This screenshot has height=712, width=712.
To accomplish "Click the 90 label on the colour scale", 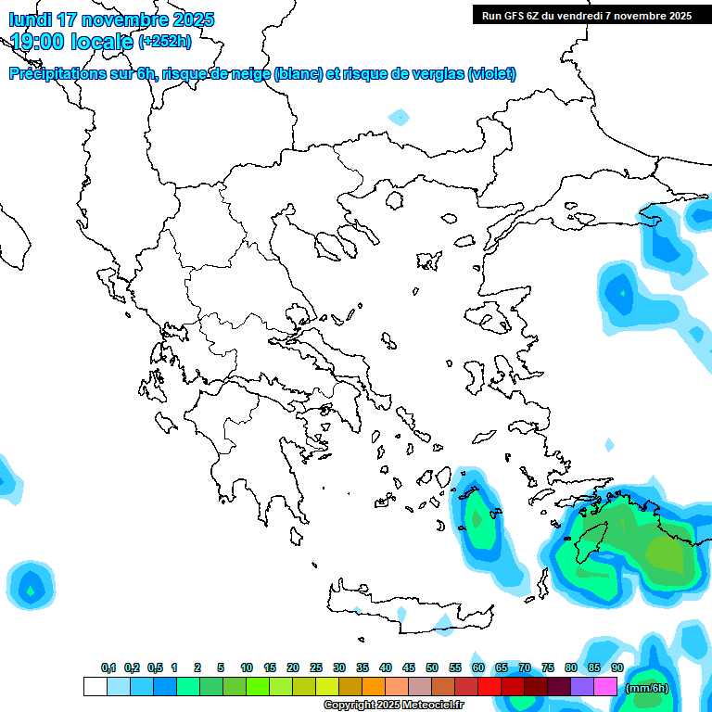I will [617, 667].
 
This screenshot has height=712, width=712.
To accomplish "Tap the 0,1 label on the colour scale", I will [108, 667].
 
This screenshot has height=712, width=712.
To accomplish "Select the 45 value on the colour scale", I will [409, 667].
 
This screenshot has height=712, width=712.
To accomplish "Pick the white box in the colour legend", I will [95, 686].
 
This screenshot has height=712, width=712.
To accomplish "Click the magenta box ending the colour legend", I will [605, 686].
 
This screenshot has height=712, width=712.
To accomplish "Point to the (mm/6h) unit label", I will [647, 688].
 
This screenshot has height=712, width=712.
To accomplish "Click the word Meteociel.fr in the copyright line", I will [434, 706].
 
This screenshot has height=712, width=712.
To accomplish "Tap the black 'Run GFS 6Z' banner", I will [587, 15].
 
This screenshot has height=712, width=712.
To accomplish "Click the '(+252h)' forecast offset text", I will [164, 42].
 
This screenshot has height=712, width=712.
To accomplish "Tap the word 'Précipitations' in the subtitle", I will [55, 74].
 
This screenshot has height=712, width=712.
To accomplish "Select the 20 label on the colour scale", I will [293, 667].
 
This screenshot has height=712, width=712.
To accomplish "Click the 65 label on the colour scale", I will [502, 667].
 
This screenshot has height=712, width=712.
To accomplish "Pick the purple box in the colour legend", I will [582, 686].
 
